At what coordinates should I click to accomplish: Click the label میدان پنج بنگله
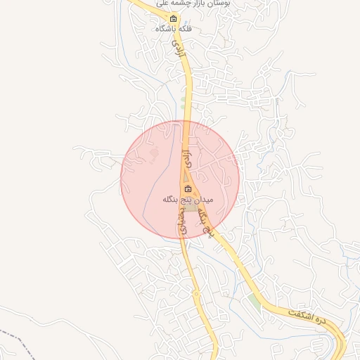pyautogui.click(x=187, y=200)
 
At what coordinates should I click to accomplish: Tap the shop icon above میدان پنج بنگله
pyautogui.click(x=188, y=188)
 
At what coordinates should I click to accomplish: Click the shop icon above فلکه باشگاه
pyautogui.click(x=174, y=18)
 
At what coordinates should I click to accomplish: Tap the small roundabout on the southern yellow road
pyautogui.click(x=196, y=293)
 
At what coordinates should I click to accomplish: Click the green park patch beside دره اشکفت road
pyautogui.click(x=253, y=302)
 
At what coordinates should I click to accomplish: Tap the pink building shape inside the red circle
pyautogui.click(x=154, y=154)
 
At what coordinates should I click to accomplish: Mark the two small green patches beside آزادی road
pyautogui.click(x=184, y=105)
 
